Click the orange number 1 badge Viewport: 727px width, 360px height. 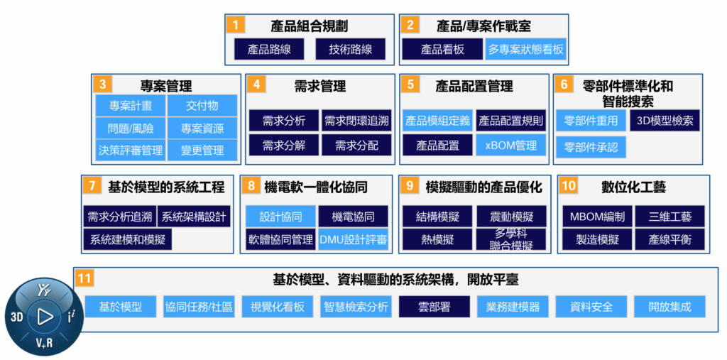(x=236, y=26)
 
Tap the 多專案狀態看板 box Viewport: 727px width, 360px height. (x=526, y=49)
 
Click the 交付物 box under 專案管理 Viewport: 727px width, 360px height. (x=202, y=106)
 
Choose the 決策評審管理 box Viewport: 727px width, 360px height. (x=131, y=150)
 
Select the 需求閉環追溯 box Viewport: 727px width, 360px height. (x=356, y=121)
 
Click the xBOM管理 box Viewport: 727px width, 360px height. (x=511, y=145)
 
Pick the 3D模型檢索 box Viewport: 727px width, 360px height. (x=665, y=121)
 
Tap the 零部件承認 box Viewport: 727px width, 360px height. (x=591, y=147)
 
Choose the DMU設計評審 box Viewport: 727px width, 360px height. (x=354, y=239)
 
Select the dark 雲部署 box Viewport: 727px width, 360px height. (x=434, y=307)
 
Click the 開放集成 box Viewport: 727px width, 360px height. (x=669, y=307)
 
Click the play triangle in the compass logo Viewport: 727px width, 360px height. (x=45, y=317)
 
